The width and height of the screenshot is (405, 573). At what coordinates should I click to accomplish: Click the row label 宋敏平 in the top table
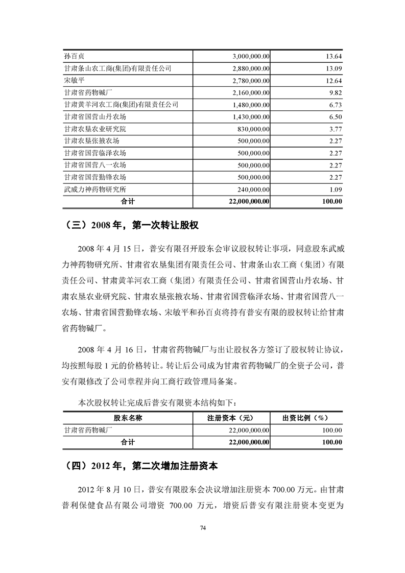[70, 80]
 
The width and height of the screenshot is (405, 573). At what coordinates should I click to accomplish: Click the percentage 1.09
[335, 189]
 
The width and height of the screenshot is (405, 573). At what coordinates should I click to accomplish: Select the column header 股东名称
[128, 417]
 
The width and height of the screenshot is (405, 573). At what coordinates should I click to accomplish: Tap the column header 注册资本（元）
[231, 417]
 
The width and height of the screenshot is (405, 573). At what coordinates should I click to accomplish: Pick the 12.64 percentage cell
[333, 80]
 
